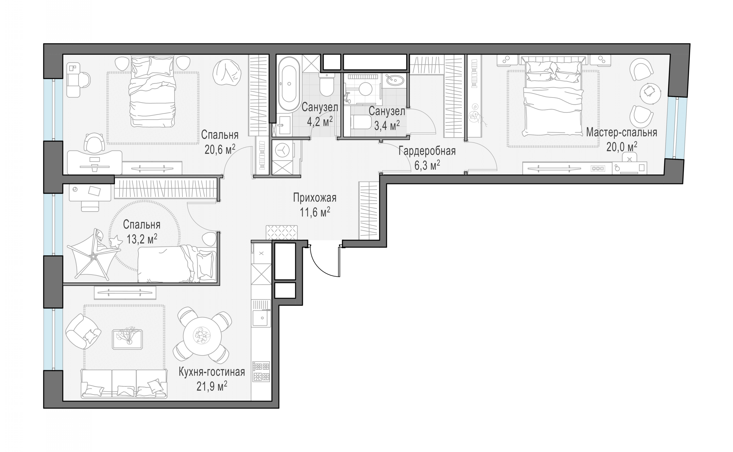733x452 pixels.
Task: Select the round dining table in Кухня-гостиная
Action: pyautogui.click(x=202, y=336)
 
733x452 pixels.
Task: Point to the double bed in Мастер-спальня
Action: pyautogui.click(x=553, y=99)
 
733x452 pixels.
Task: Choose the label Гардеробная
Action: pyautogui.click(x=427, y=151)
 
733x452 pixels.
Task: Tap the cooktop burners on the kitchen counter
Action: pyautogui.click(x=261, y=372)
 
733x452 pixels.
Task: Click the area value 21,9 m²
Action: pyautogui.click(x=212, y=386)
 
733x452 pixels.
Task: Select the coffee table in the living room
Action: pyautogui.click(x=127, y=339)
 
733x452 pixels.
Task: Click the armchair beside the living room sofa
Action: pyautogui.click(x=83, y=331)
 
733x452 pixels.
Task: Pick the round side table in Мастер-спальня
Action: pyautogui.click(x=650, y=94)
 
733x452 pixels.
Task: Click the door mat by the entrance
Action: pyautogui.click(x=282, y=233)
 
